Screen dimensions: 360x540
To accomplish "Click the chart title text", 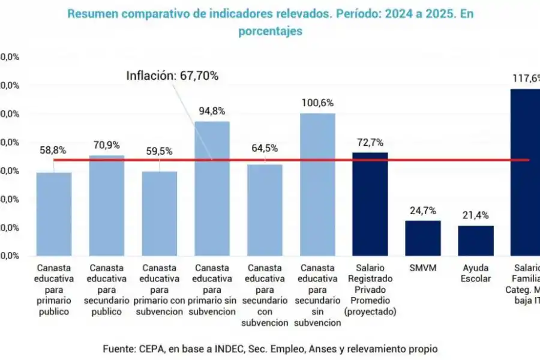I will tap(269, 22).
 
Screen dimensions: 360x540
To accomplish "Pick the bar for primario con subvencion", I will tap(160, 214).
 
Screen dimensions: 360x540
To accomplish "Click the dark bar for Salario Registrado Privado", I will tap(370, 204).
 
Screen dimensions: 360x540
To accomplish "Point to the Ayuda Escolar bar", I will tap(476, 241).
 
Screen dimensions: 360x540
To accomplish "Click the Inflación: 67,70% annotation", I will tap(172, 76).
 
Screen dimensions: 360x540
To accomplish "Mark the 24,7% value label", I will tap(423, 211).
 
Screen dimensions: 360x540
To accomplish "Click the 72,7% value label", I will tap(370, 143).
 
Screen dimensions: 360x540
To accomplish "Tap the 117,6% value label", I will tap(526, 78).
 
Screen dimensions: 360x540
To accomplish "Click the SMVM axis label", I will tap(423, 268).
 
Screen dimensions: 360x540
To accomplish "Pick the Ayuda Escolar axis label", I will tap(476, 273).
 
